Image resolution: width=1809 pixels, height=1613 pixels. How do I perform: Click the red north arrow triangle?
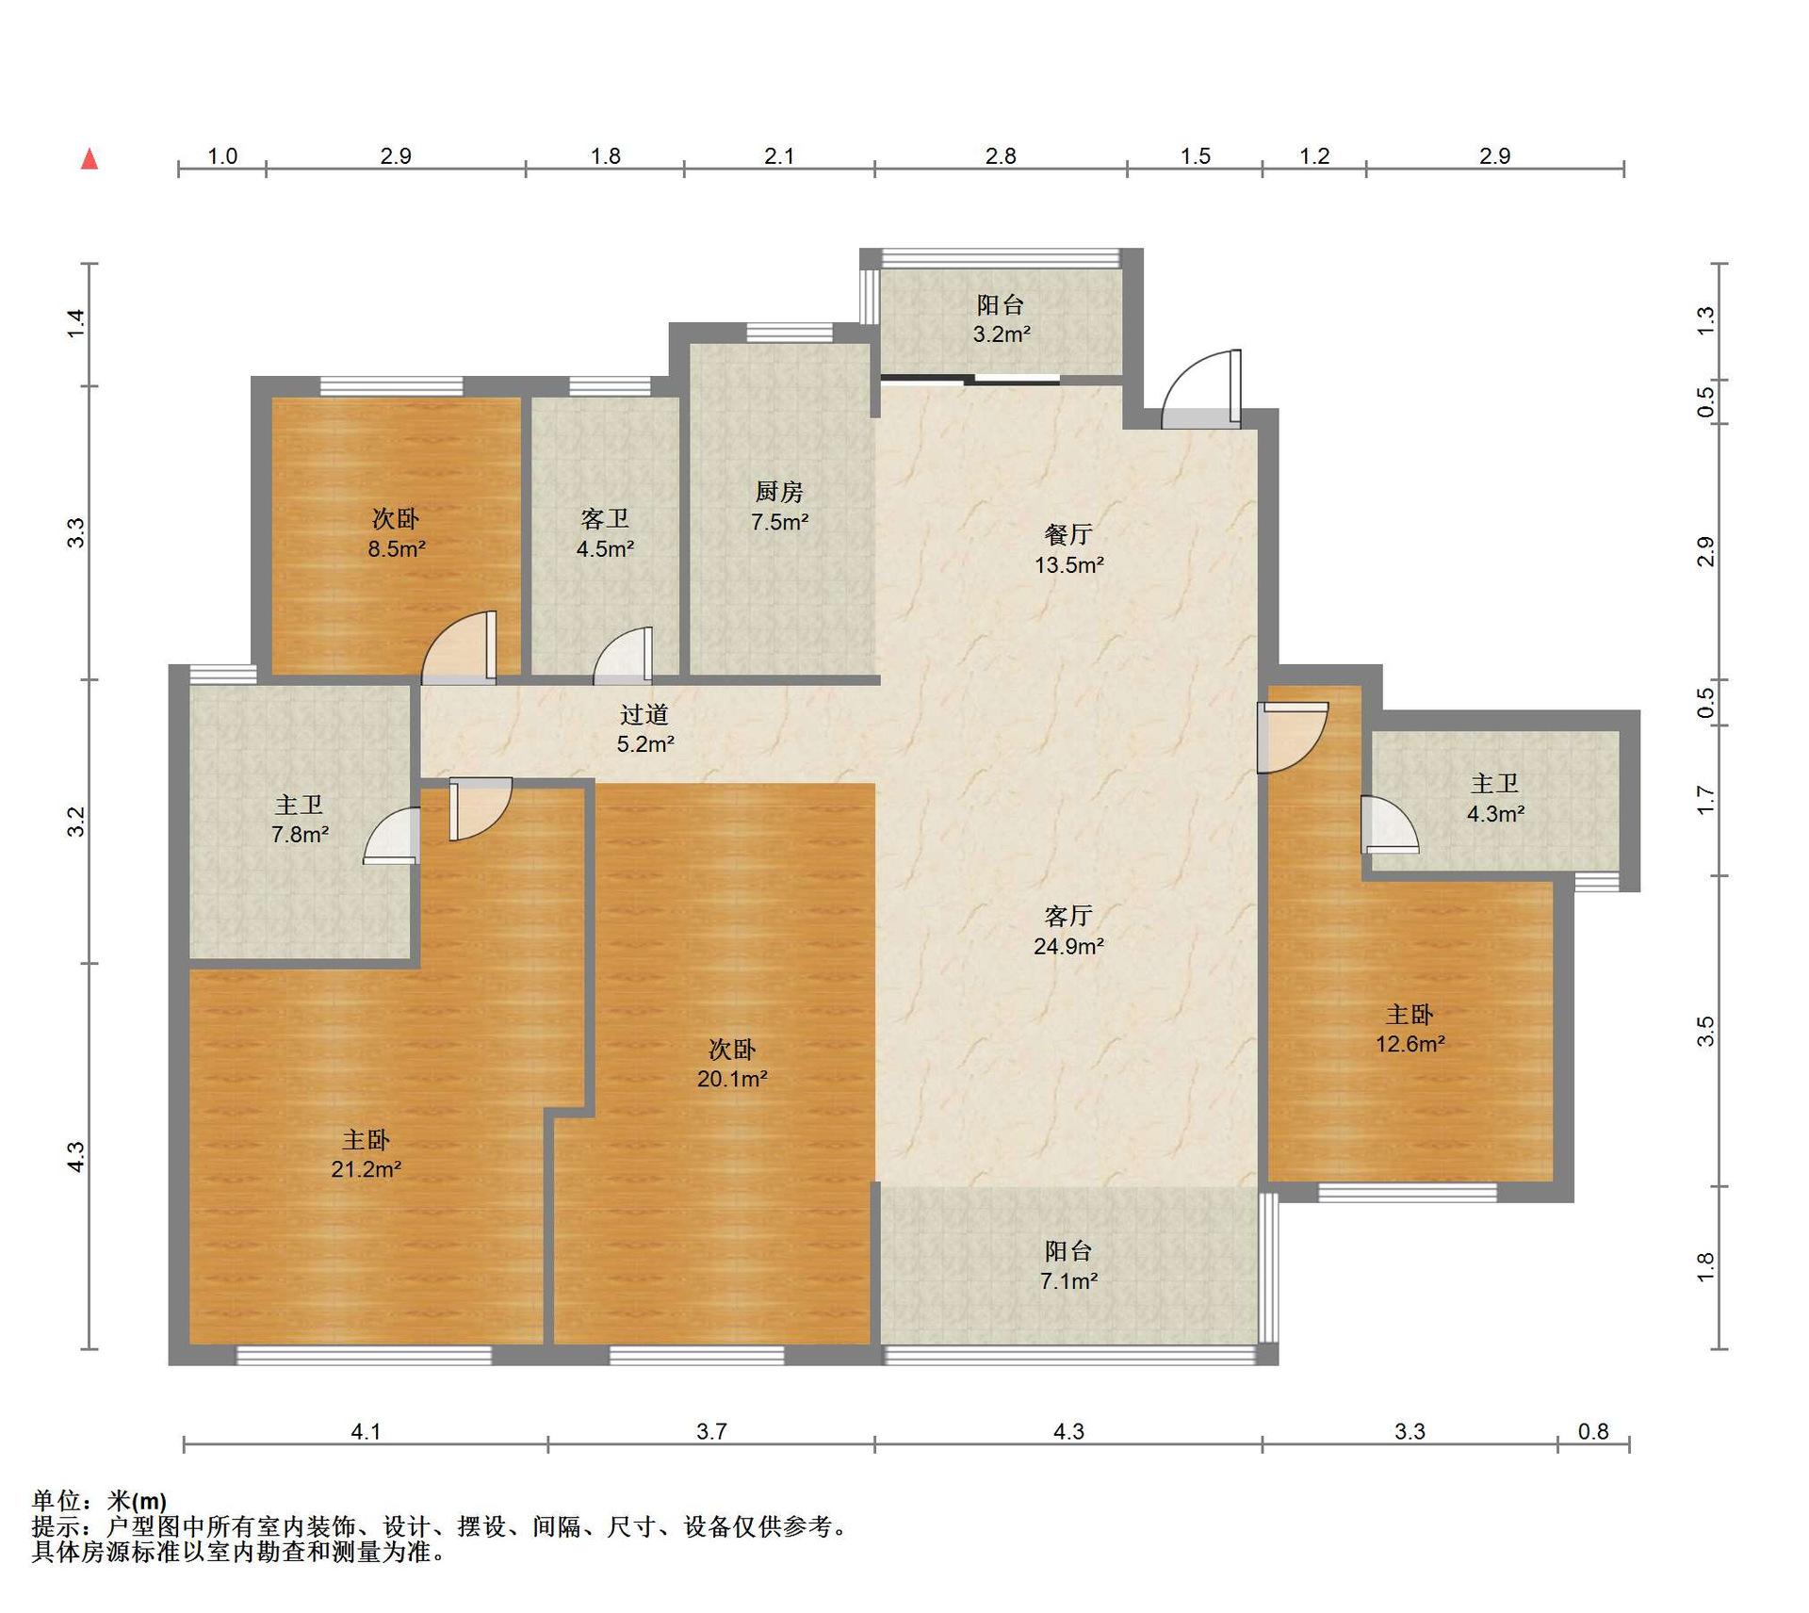pos(90,158)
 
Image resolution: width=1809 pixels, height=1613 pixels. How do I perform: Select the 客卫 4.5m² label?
pos(605,534)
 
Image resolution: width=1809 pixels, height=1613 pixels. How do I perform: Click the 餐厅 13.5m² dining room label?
pos(1068,549)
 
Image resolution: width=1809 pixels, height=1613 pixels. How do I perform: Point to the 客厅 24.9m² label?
pos(1068,931)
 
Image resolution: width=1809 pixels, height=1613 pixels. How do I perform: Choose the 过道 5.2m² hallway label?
pos(645,729)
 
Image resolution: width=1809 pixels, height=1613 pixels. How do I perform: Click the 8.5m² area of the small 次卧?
pos(397,549)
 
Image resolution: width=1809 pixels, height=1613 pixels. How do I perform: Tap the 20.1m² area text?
pos(732,1079)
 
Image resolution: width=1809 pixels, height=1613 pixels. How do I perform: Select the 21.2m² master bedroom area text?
pos(367,1169)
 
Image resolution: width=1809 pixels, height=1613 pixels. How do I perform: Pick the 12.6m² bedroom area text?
pos(1410,1044)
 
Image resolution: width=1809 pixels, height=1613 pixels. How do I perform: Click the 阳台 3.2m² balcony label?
pos(1001,319)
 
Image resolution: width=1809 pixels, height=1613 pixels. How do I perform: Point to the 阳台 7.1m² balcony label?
pos(1068,1265)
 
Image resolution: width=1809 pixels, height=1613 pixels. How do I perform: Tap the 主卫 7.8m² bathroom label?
pos(300,819)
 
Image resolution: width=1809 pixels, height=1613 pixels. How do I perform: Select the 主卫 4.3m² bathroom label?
pos(1495,798)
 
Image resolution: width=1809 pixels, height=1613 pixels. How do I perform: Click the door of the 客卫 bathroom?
pos(623,655)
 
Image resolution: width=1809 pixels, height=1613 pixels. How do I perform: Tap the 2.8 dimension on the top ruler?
pos(1001,156)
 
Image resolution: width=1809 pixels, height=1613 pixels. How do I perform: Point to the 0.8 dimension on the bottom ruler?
pos(1593,1431)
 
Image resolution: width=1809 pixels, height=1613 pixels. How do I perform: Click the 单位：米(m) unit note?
pos(100,1501)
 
